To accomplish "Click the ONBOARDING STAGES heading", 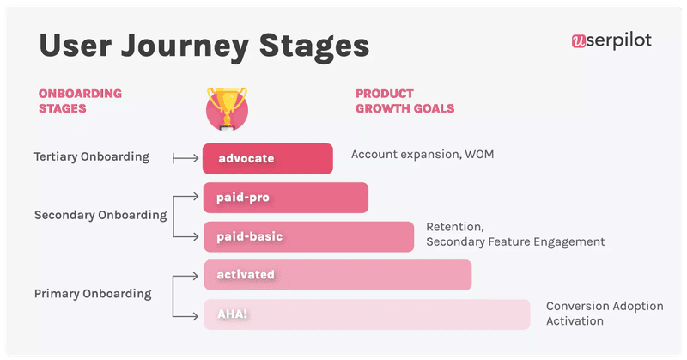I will pos(80,101).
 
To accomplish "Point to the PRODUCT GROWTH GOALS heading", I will pos(404,101).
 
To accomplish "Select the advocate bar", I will pos(267,158).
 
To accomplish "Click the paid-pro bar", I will pos(285,198).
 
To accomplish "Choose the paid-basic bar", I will pos(308,236).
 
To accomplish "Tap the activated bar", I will pos(337,275).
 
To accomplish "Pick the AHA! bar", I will pos(367,314).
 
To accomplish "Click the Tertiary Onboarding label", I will pos(92,157).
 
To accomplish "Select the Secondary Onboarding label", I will pos(100,215).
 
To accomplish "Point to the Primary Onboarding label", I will pos(93,294).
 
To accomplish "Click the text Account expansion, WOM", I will pos(423,155).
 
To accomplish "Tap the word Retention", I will pos(455,228).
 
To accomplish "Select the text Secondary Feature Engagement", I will pos(515,242).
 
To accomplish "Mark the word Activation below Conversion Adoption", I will pos(575,321).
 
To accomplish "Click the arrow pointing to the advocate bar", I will pos(185,158).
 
